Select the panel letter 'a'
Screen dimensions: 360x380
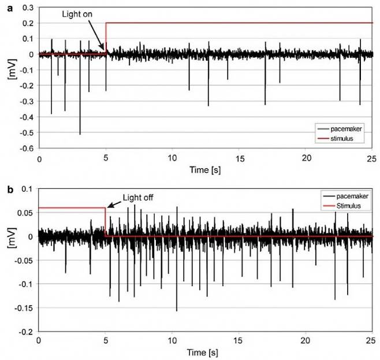point(5,6)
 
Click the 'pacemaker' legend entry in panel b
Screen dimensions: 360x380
point(347,196)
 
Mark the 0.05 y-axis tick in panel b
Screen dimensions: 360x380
point(26,213)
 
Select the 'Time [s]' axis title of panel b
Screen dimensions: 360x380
point(206,351)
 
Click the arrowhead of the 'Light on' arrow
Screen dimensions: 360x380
point(104,50)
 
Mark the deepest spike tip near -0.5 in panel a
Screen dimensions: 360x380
point(80,134)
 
